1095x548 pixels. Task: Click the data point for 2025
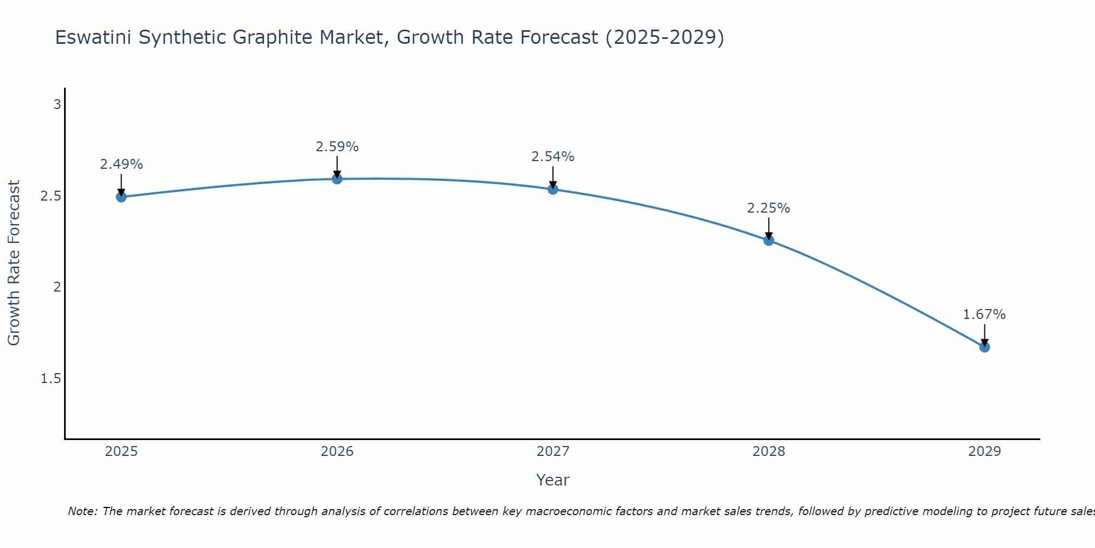121,197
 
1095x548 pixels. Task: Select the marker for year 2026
337,179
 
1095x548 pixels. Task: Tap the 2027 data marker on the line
553,189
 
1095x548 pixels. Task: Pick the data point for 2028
769,240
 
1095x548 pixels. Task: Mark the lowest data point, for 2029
984,347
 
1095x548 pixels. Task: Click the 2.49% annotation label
121,164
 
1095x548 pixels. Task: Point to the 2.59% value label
337,147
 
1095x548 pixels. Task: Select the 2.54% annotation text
553,157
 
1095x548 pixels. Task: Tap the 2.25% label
769,208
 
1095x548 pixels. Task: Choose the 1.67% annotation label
984,315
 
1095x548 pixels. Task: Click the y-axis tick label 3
57,104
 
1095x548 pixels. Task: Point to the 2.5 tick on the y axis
50,196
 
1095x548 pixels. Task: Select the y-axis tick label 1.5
50,379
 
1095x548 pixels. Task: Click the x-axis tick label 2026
337,452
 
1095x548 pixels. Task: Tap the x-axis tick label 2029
984,452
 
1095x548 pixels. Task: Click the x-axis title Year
553,480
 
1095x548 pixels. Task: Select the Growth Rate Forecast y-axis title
14,263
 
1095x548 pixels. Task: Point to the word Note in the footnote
82,511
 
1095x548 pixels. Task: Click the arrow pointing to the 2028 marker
769,229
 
